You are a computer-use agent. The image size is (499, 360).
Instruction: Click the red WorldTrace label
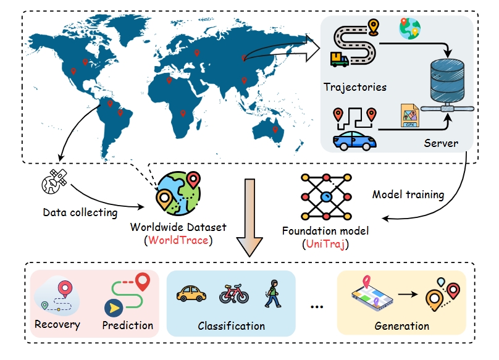click(x=178, y=240)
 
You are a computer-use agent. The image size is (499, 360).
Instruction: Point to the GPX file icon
click(x=409, y=115)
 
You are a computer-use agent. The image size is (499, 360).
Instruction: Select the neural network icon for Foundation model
click(x=327, y=197)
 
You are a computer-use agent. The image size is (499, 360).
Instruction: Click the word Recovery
click(x=57, y=325)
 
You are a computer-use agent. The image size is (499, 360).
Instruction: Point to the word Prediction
click(x=128, y=325)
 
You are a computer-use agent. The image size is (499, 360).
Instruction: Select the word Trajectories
click(x=355, y=87)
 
